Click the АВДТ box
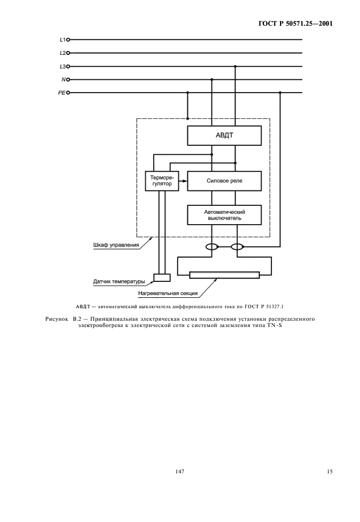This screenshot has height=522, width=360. (225, 136)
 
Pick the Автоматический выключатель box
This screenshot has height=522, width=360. (225, 214)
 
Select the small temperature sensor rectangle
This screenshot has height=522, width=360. (162, 278)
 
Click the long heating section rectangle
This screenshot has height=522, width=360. (225, 276)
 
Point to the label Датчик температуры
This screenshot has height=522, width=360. (119, 281)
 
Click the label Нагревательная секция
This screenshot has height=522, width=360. (168, 294)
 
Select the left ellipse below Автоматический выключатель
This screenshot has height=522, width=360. (212, 248)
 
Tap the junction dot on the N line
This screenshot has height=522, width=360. (212, 79)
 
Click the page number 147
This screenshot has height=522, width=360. (179, 472)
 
